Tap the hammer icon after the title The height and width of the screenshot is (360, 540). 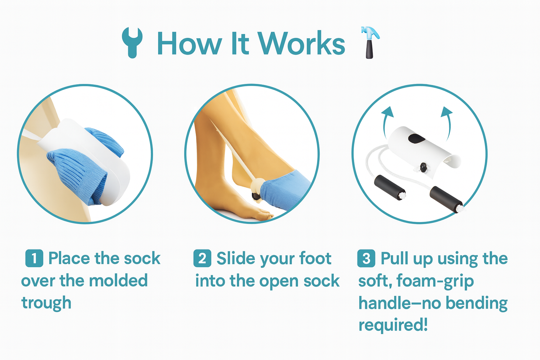tap(370, 42)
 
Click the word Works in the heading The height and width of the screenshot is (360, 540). tap(301, 44)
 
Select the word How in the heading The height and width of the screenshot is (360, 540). tap(189, 44)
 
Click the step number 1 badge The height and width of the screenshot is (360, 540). tap(34, 258)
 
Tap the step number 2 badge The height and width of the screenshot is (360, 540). tap(202, 258)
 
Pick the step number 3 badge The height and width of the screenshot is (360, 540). tap(366, 258)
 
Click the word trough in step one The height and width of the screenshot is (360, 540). tap(46, 303)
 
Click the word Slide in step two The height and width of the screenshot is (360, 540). tap(235, 258)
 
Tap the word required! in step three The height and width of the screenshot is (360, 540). tap(393, 325)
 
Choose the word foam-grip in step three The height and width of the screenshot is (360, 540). tap(435, 281)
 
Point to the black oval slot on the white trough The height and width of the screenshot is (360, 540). tap(416, 139)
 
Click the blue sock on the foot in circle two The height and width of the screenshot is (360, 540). tap(286, 189)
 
